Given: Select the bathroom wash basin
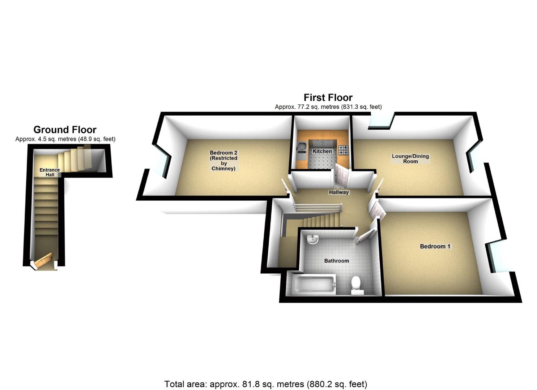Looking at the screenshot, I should (x=312, y=239).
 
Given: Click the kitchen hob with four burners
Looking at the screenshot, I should (x=343, y=149).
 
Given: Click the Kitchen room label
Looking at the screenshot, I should (x=322, y=151).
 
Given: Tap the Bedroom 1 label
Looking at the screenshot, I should (x=435, y=246).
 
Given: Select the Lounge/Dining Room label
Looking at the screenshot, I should (x=410, y=159).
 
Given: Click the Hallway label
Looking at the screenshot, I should (x=339, y=192).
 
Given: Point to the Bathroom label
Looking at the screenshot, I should (x=336, y=261).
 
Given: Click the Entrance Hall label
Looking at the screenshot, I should (x=50, y=172).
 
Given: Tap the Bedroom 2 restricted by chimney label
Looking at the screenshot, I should (x=223, y=161).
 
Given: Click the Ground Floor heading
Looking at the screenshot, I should (x=65, y=130).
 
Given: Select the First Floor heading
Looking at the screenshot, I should (x=328, y=97).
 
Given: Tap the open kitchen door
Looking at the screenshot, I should (x=342, y=175).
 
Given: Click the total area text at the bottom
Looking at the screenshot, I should (x=266, y=384).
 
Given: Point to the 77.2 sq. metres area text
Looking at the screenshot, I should (x=328, y=107).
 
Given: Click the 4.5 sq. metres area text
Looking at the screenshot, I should (x=65, y=139).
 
